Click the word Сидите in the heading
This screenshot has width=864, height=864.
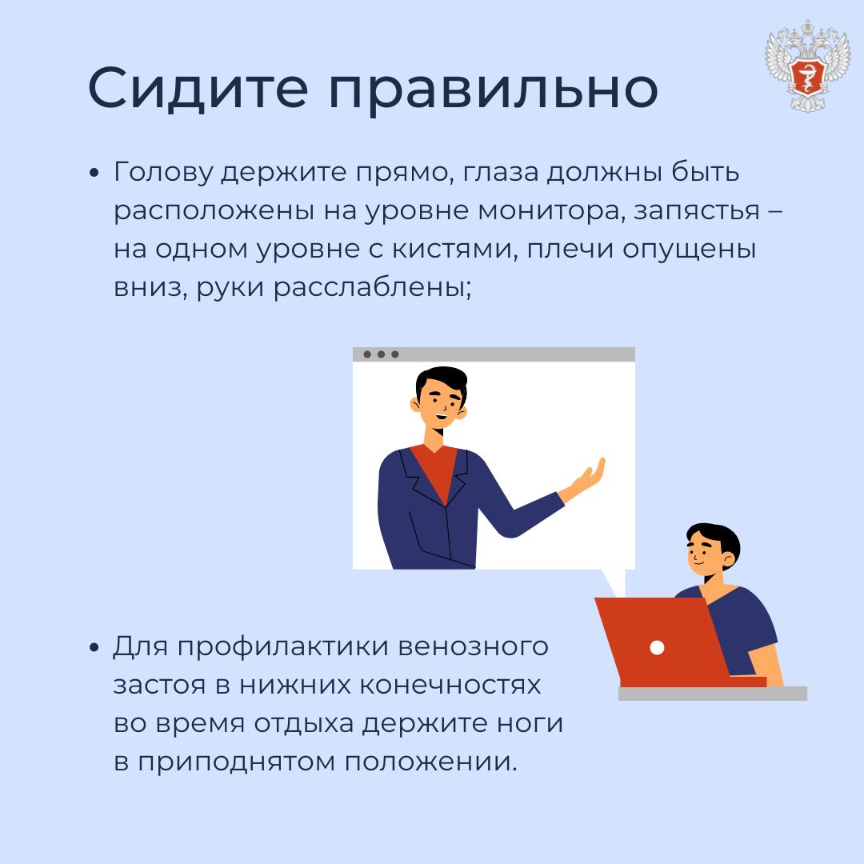coord(198,88)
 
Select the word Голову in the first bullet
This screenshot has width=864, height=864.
coord(163,173)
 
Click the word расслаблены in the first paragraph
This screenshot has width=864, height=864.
coord(373,287)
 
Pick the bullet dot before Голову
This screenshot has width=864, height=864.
coord(94,173)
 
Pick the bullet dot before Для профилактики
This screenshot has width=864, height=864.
coord(94,647)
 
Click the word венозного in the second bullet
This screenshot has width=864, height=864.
coord(473,647)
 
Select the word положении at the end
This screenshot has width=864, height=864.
coord(431,762)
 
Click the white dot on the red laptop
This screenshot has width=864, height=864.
coord(657,647)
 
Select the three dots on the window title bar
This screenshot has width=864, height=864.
coord(381,354)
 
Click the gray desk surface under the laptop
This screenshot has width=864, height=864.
coord(713,693)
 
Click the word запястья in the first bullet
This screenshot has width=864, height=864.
coord(697,212)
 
